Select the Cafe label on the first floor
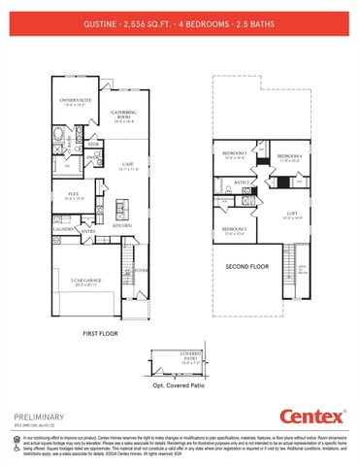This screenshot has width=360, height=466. (x=127, y=165)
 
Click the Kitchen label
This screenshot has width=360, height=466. (x=121, y=225)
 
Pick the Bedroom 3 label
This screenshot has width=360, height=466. (x=233, y=153)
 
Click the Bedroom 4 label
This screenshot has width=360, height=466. (x=289, y=156)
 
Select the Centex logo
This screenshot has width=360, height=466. (x=312, y=416)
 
